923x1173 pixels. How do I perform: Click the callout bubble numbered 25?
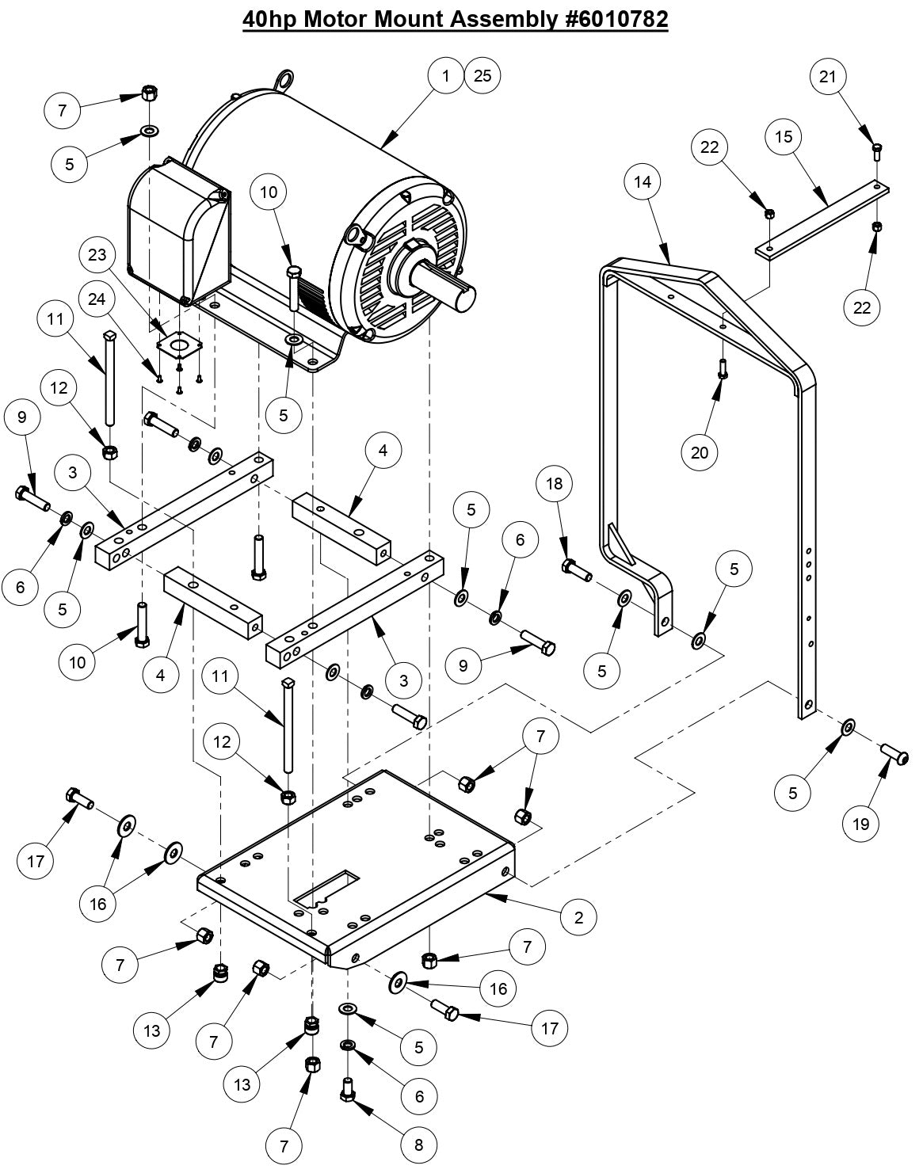point(482,76)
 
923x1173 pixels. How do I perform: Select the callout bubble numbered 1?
point(446,76)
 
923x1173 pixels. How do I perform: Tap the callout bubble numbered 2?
point(579,917)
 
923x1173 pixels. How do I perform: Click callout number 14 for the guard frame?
point(643,181)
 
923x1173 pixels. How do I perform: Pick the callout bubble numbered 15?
point(784,137)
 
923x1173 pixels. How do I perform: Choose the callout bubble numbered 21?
point(828,76)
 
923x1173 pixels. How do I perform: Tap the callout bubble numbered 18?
point(554,483)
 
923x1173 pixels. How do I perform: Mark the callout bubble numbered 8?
point(418,1144)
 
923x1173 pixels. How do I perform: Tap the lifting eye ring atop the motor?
point(283,79)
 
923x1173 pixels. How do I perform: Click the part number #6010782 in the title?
point(612,19)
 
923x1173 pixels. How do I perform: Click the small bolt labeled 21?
point(877,150)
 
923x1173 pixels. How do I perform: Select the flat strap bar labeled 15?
point(822,218)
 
